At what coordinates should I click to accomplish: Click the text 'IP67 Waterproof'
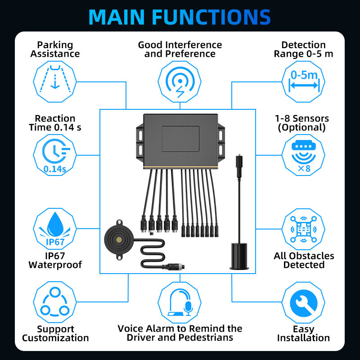[55, 260]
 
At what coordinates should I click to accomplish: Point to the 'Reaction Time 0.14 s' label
[55, 123]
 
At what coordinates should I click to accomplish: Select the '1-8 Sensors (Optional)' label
[302, 123]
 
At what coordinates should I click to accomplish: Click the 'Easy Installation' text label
[304, 333]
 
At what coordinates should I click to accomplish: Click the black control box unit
[180, 139]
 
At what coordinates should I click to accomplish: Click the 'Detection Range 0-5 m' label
[303, 49]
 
